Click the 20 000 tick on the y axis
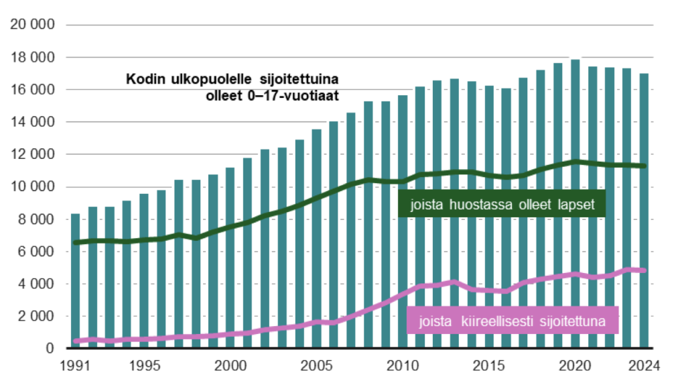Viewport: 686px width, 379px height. point(32,25)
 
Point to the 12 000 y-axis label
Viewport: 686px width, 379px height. point(32,154)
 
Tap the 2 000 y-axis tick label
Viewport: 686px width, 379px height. point(35,316)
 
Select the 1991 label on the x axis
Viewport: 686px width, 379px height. point(76,366)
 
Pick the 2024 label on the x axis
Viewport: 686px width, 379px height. point(643,366)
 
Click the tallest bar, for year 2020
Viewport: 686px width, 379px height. point(575,201)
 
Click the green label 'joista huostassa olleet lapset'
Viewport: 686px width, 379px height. point(502,205)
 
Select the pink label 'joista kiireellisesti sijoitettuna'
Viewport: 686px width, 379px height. point(512,322)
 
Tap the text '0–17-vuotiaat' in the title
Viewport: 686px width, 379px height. point(303,95)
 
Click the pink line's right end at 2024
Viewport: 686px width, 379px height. point(643,271)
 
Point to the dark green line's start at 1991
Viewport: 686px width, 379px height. point(76,242)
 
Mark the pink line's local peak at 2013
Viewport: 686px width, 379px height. point(454,282)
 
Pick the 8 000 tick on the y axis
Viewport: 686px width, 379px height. point(35,219)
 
